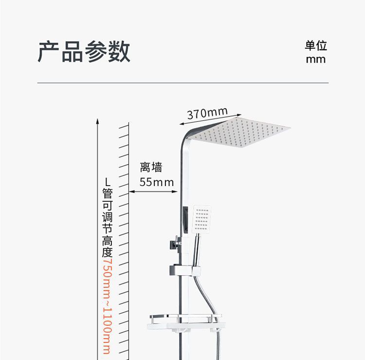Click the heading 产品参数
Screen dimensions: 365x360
(84, 52)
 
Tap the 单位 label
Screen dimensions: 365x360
(316, 45)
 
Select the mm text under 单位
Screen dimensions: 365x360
(316, 59)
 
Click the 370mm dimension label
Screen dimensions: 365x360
(207, 114)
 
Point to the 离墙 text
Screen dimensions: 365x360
(151, 168)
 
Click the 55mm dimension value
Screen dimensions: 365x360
(156, 182)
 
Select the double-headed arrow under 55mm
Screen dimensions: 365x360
(153, 191)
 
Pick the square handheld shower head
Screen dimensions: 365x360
(202, 219)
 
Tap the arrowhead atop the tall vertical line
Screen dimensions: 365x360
(97, 120)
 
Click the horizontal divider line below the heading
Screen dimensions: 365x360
(182, 83)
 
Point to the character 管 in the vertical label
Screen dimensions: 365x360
(107, 193)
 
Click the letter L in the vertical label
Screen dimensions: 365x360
(107, 181)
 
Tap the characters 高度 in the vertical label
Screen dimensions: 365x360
(107, 246)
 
